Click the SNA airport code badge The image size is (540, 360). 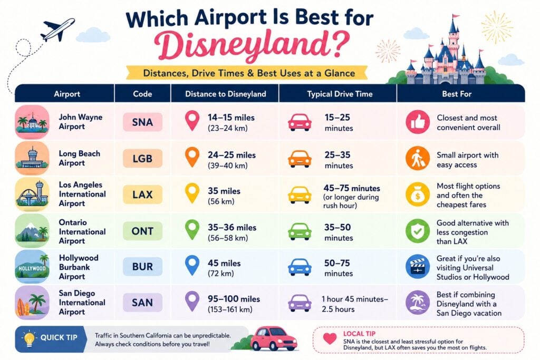142,122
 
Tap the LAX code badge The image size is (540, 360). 142,194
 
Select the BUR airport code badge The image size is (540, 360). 142,266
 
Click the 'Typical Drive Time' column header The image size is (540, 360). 340,94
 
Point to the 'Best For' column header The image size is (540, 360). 457,94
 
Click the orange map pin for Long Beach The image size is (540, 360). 192,157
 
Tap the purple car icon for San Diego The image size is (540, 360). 300,303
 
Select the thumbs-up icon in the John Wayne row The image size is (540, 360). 418,122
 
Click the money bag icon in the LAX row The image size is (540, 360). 418,194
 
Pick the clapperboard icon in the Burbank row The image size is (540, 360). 418,266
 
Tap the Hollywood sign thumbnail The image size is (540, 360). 32,267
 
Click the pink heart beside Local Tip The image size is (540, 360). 330,339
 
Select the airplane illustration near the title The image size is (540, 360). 57,30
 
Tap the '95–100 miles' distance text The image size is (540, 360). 234,299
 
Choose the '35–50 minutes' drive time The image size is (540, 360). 339,232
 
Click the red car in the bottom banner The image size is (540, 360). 274,339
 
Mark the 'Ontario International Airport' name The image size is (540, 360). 82,231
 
